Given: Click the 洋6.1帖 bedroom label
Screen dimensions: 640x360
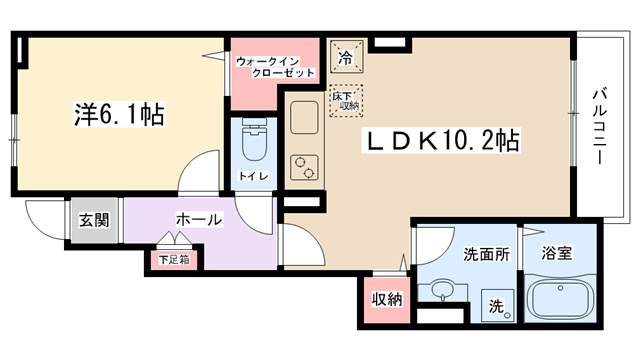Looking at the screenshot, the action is click(119, 115).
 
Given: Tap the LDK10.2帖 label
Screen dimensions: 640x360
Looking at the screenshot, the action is click(441, 140).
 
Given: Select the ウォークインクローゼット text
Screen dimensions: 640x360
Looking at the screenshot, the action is click(275, 67).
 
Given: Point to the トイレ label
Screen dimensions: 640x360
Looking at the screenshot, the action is click(253, 176).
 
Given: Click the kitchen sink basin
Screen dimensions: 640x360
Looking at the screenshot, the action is click(304, 118).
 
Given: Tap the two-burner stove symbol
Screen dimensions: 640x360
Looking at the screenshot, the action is click(304, 167).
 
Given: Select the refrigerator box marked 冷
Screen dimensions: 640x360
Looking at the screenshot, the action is click(347, 57).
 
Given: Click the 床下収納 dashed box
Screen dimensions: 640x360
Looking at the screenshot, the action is click(346, 101).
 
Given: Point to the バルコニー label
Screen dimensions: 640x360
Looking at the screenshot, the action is click(599, 127).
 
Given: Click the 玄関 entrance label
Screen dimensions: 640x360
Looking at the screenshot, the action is click(94, 220).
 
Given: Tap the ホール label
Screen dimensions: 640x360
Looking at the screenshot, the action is click(199, 220).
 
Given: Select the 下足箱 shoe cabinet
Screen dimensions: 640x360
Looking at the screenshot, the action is click(174, 260).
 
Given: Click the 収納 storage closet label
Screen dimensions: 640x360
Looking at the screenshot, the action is click(387, 299).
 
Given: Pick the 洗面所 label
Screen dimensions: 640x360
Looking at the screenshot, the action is click(487, 254).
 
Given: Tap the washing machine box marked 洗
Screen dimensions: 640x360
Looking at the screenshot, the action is click(498, 305).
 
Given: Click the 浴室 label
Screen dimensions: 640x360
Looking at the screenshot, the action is click(557, 253).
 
